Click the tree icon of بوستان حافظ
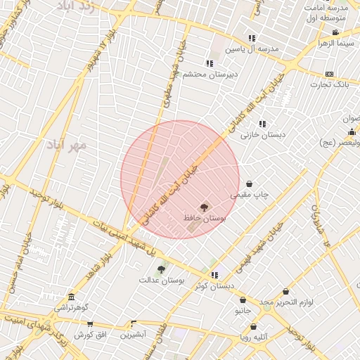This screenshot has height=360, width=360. [x=205, y=207]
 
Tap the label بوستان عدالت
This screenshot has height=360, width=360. [x=161, y=280]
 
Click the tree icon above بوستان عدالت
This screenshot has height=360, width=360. [x=161, y=269]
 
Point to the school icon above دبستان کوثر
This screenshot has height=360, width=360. [x=214, y=275]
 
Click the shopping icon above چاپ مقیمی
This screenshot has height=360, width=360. [x=250, y=184]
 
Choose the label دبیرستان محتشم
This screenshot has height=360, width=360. [x=210, y=74]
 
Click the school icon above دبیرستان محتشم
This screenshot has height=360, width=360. [x=210, y=63]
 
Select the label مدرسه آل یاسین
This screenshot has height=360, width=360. [x=252, y=49]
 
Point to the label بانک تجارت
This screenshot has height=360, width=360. [x=330, y=85]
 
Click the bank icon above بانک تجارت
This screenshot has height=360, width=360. [x=330, y=74]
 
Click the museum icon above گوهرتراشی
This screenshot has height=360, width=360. [x=71, y=297]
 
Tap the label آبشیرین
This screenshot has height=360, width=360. [x=132, y=335]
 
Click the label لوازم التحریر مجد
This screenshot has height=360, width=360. [x=285, y=302]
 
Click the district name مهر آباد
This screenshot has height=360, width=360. [x=67, y=146]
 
